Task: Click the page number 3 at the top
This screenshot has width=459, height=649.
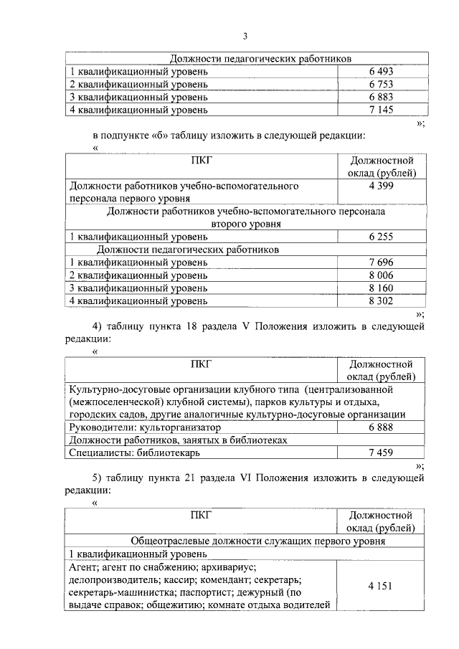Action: [x=245, y=37]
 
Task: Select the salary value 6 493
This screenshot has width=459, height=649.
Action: [x=381, y=72]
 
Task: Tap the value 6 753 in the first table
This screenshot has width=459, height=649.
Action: [x=381, y=85]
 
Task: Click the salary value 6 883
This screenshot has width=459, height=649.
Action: [x=381, y=98]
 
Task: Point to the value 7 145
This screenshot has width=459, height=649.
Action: [x=381, y=110]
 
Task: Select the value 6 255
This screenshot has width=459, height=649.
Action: [x=381, y=237]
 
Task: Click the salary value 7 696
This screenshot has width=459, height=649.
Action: [x=381, y=262]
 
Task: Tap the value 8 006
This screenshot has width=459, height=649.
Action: [x=381, y=275]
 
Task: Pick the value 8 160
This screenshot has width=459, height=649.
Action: [x=381, y=288]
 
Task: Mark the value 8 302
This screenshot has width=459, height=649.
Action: [x=381, y=301]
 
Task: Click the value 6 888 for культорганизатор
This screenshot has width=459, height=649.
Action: [x=381, y=427]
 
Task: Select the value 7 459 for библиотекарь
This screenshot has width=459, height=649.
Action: [x=381, y=453]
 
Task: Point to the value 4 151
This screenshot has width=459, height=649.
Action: [x=381, y=586]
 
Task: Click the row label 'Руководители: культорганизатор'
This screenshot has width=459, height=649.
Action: [x=141, y=427]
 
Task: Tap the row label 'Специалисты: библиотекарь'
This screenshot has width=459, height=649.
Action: [x=135, y=453]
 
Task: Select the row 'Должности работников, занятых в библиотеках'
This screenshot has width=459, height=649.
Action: [x=178, y=440]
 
